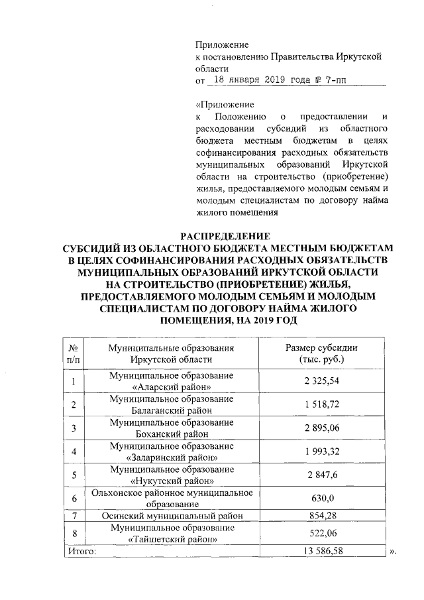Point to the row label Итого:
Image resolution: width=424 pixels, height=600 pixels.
[83, 550]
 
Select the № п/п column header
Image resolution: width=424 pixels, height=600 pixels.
[74, 353]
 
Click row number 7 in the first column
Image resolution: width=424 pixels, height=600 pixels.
[74, 515]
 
